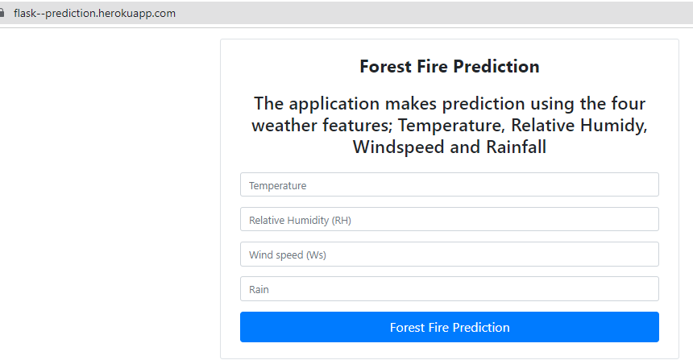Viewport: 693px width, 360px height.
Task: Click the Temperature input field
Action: coord(450,184)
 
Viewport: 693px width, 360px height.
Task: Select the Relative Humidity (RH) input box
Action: coord(450,219)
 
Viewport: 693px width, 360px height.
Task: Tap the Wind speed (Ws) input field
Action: coord(450,254)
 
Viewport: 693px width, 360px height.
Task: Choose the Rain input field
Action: coord(450,288)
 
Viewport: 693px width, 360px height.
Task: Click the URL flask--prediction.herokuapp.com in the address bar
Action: coord(94,13)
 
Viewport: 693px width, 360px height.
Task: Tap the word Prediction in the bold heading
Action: coord(496,67)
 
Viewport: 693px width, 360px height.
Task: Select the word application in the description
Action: coord(334,104)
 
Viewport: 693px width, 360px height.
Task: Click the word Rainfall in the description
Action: coord(517,147)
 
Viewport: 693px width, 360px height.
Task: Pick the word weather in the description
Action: coord(284,126)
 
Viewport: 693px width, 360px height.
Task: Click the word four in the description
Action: coord(629,103)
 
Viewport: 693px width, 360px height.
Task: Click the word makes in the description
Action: coord(411,103)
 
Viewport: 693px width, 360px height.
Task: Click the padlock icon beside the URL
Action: coord(2,13)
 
